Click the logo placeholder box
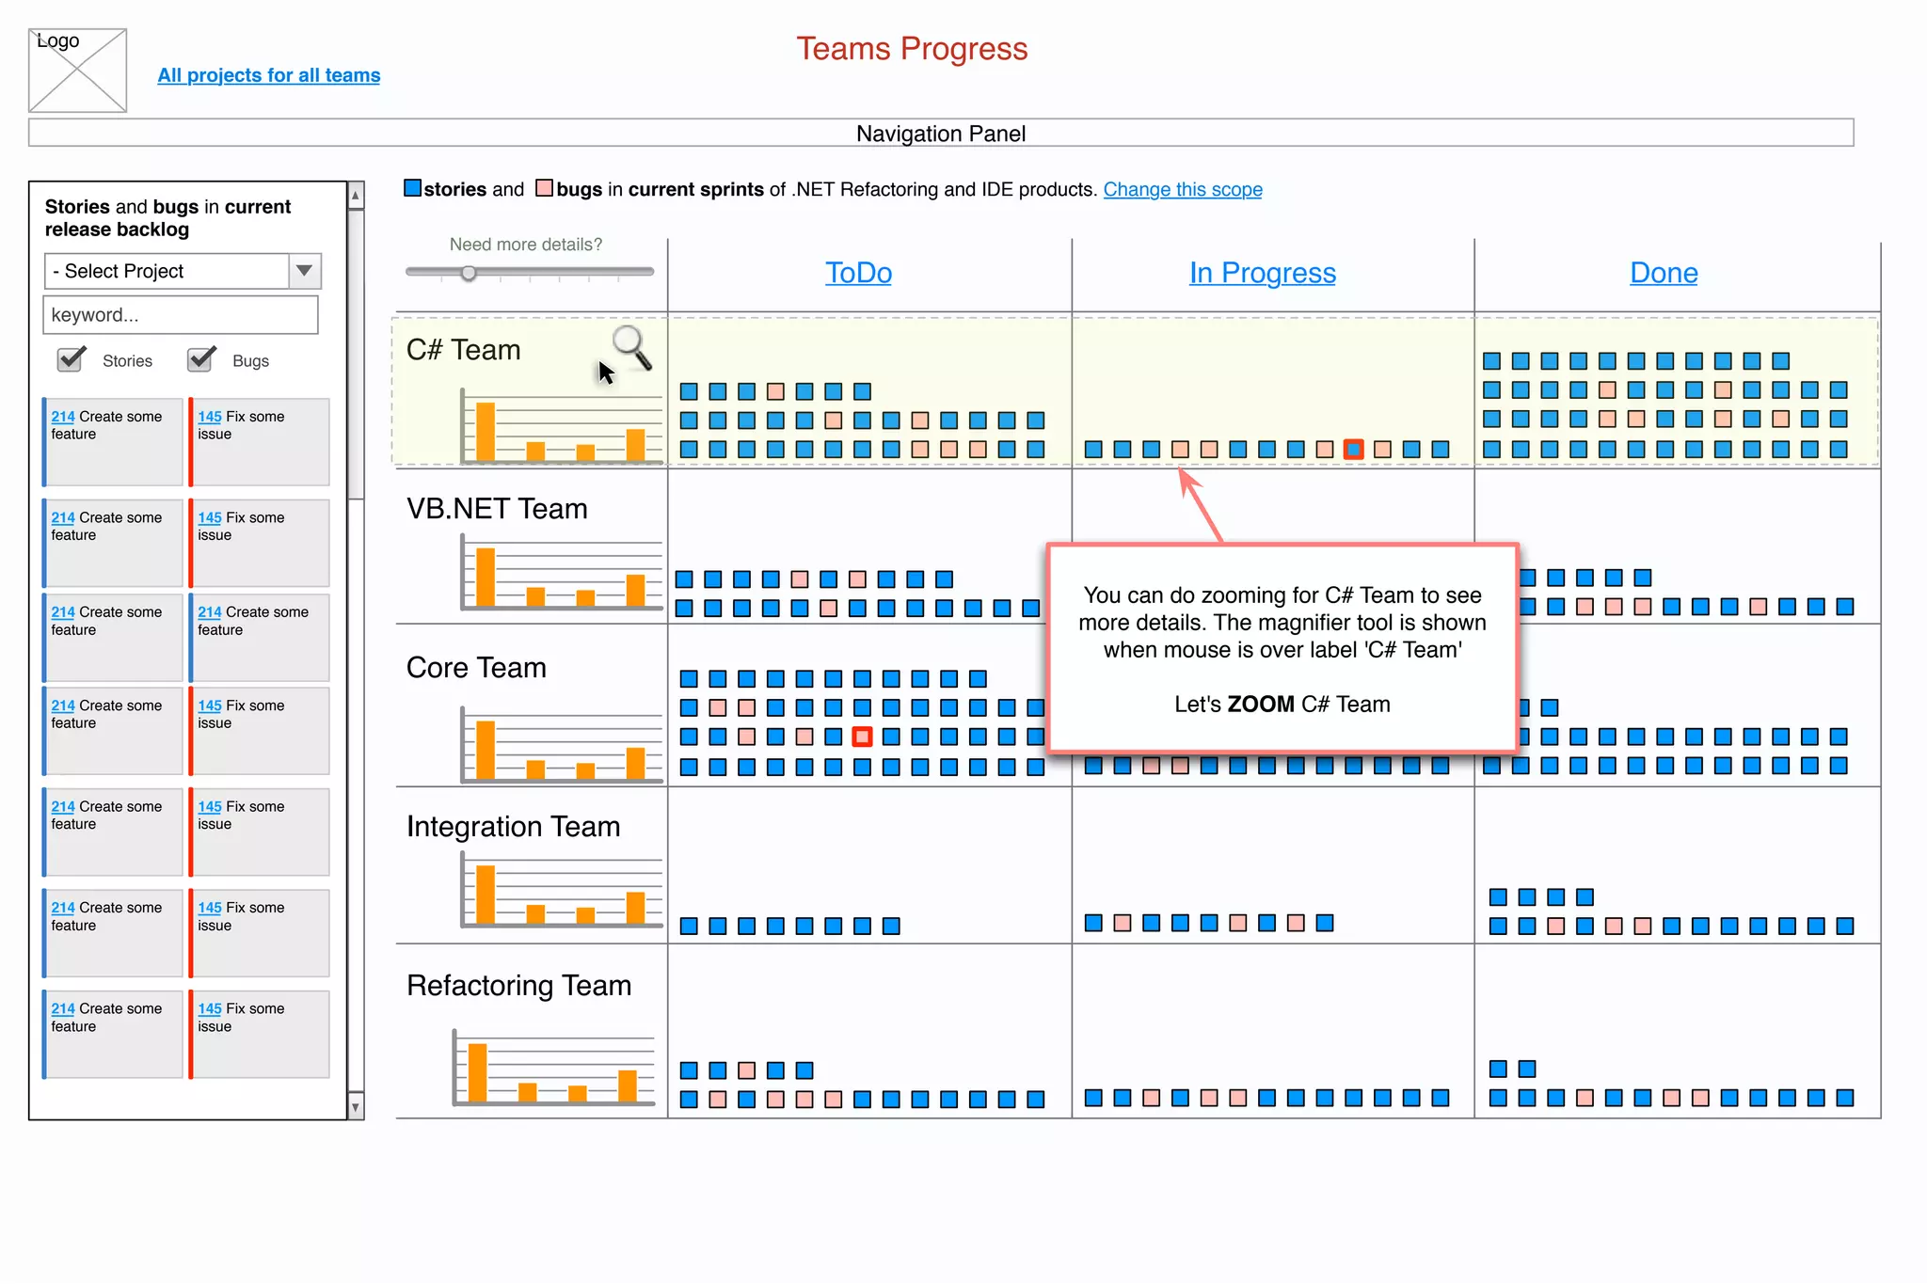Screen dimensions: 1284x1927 click(77, 71)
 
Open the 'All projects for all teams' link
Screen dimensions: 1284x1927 click(268, 75)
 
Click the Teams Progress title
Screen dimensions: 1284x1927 click(911, 49)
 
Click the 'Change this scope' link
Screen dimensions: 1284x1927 click(1182, 189)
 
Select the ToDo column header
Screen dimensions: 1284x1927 click(858, 273)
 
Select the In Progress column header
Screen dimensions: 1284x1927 click(1262, 273)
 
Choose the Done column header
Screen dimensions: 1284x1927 click(1664, 273)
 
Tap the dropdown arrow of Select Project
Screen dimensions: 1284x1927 click(304, 271)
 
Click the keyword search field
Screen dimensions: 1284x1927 click(181, 315)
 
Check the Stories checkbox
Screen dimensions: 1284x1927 click(71, 359)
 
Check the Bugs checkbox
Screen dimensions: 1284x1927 click(200, 359)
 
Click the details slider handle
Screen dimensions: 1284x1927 click(469, 273)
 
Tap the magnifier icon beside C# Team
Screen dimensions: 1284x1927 click(630, 346)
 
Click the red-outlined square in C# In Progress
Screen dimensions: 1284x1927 click(1353, 450)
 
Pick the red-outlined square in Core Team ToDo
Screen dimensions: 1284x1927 click(862, 737)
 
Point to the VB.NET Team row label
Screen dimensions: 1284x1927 click(497, 509)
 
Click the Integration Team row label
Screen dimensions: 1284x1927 click(513, 827)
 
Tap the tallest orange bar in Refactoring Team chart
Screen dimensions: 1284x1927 click(478, 1071)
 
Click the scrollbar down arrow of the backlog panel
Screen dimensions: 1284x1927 click(356, 1107)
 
